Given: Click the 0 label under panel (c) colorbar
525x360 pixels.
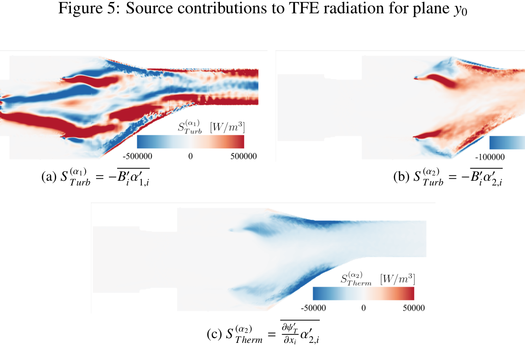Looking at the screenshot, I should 364,308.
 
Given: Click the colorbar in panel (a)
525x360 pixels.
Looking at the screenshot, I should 190,142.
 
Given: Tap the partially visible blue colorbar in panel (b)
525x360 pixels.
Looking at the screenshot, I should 507,142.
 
